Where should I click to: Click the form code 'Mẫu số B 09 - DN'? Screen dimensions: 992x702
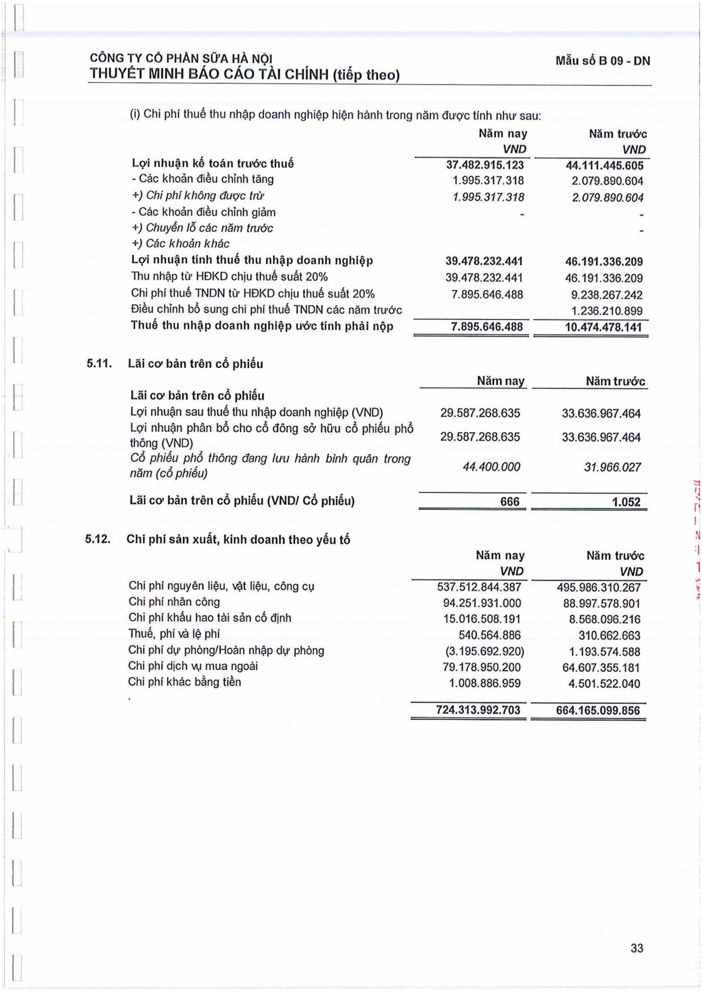point(603,61)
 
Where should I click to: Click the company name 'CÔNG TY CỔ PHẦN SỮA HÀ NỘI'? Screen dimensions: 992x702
point(181,59)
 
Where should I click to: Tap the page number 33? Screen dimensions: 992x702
point(637,948)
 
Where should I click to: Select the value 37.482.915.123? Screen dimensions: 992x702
point(484,165)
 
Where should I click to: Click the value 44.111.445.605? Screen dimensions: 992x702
point(604,166)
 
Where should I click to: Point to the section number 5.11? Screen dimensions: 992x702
point(99,364)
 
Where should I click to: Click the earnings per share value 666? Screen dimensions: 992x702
point(510,502)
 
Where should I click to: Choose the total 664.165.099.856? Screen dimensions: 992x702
point(598,711)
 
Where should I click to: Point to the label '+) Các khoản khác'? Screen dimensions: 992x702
point(180,244)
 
